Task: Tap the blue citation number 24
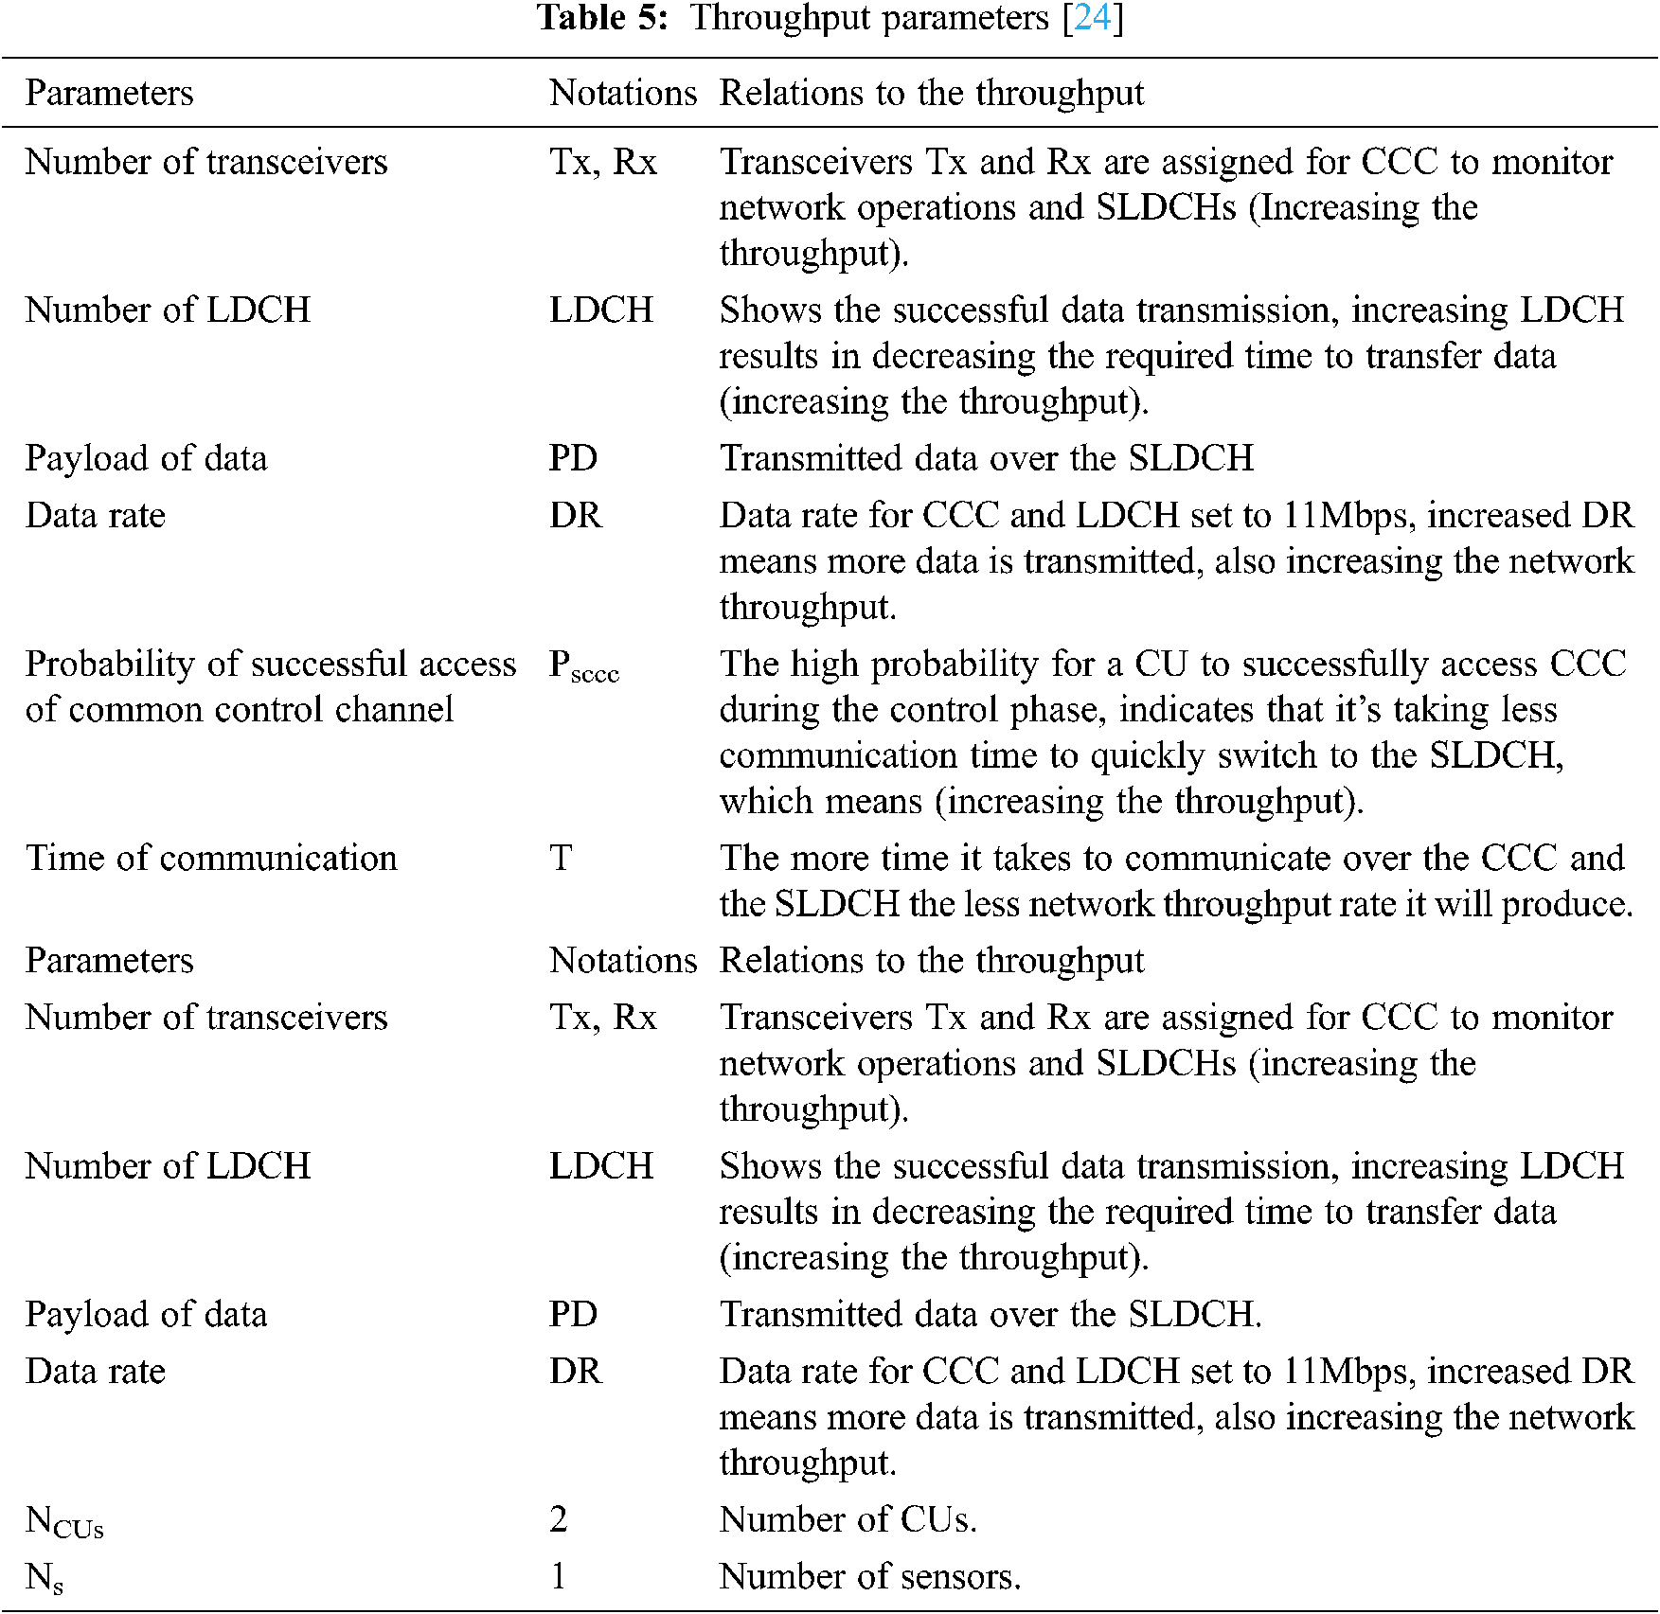(1093, 18)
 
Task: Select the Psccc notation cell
(583, 666)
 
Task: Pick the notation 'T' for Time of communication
(561, 859)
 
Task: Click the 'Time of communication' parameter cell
(211, 859)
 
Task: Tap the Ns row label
(45, 1578)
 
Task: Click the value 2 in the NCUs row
(559, 1519)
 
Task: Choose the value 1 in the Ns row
(559, 1576)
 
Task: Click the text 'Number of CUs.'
(848, 1519)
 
